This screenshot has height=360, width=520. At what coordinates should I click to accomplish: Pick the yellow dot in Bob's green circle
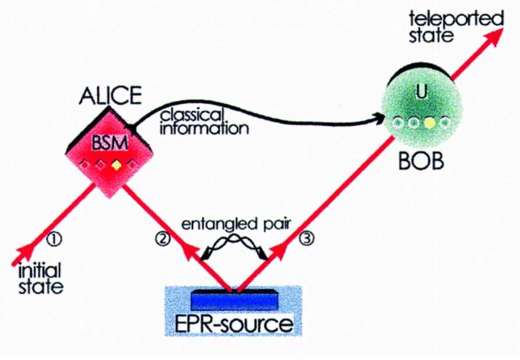430,123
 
